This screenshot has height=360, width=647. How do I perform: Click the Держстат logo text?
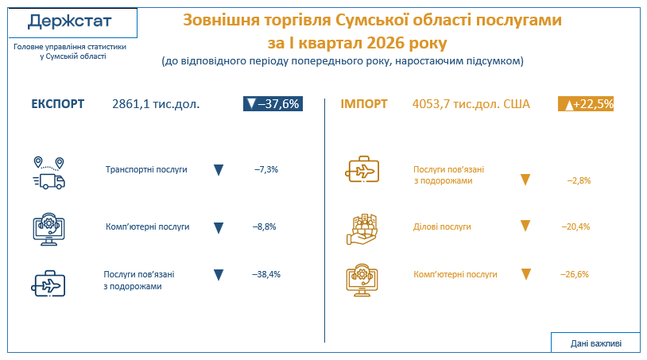(x=70, y=21)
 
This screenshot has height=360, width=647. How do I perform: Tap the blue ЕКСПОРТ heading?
(x=58, y=104)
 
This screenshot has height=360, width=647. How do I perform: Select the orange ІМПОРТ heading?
(x=364, y=104)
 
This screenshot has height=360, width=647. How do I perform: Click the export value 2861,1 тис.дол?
(x=156, y=104)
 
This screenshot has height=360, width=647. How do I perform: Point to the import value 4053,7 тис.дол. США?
(x=471, y=104)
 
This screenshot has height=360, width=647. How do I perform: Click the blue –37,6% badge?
(x=273, y=104)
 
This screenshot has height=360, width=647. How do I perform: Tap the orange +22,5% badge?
(x=586, y=104)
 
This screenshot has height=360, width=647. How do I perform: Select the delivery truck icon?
(x=49, y=173)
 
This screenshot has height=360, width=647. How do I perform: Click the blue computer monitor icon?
(x=48, y=230)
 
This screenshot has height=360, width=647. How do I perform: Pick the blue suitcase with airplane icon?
(x=48, y=283)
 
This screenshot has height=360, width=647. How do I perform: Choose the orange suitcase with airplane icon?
(x=362, y=169)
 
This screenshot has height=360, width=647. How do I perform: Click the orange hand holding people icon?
(x=362, y=230)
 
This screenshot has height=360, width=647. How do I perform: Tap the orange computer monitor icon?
(x=362, y=280)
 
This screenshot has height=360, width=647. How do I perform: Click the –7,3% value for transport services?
(x=266, y=169)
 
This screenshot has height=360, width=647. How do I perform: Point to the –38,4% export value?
(x=266, y=274)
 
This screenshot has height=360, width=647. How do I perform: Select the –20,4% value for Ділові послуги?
(x=575, y=226)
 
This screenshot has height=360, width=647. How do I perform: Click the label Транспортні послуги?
(x=146, y=169)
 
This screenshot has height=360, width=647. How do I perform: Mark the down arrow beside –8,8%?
(x=219, y=228)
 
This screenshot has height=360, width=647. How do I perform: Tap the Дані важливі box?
(x=596, y=343)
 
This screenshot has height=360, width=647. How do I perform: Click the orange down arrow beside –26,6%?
(x=525, y=274)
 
